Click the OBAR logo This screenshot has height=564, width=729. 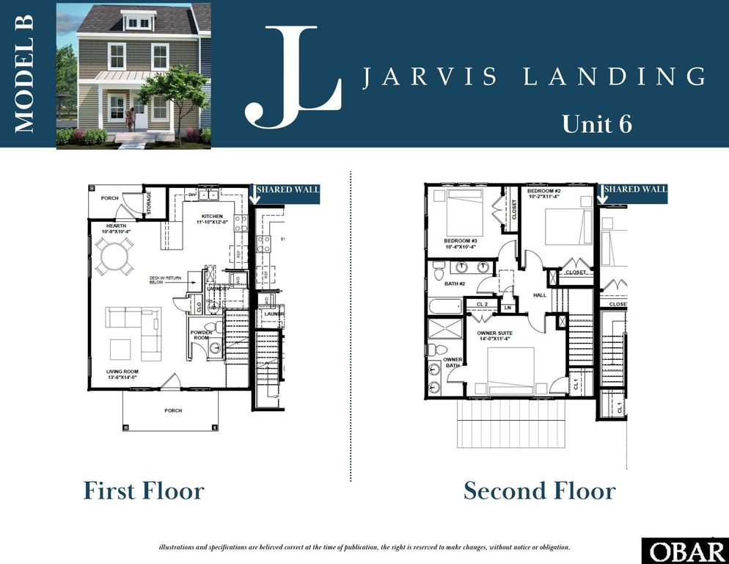(x=684, y=551)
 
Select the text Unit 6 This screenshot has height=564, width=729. (x=596, y=124)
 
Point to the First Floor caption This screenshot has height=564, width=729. (x=144, y=491)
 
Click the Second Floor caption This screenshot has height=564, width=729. (x=539, y=491)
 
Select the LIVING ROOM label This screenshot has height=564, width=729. (x=121, y=372)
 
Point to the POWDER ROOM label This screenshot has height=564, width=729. (x=201, y=334)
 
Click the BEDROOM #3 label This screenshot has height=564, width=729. (x=461, y=241)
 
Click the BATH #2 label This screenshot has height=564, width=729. (x=455, y=283)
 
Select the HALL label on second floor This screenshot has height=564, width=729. (x=541, y=295)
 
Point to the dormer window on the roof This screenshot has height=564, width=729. (x=137, y=23)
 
